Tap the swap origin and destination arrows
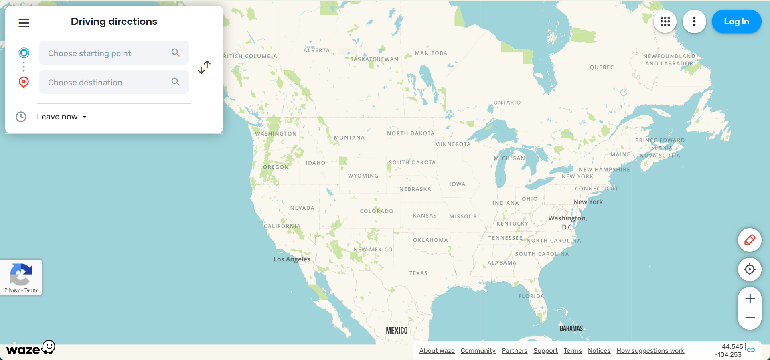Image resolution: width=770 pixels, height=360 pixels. point(204,67)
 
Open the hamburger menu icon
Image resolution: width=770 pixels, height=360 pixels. point(24,23)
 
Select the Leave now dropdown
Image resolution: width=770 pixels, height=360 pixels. point(62,117)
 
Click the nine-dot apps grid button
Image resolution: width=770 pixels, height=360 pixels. point(665,22)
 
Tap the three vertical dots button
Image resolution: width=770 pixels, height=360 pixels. point(694,22)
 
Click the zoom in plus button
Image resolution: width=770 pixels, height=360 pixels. point(750,299)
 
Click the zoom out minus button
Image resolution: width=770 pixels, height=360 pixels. point(750,318)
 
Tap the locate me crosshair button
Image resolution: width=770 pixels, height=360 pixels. point(750,269)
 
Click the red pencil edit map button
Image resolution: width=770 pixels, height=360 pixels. point(750,240)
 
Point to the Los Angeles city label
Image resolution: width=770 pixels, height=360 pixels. point(292,259)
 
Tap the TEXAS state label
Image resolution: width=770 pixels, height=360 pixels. point(418,273)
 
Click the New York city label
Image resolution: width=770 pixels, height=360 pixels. point(588,202)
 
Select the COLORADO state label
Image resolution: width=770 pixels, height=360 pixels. point(377,211)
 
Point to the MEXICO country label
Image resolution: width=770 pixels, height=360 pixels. point(397,330)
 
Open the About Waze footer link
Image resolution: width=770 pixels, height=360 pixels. point(437,351)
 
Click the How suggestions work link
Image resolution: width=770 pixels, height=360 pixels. point(650,351)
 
